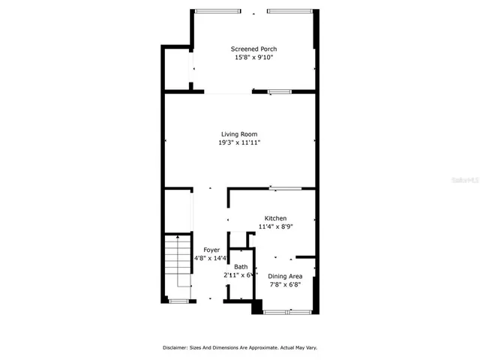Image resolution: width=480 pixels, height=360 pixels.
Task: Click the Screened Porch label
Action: point(253,49)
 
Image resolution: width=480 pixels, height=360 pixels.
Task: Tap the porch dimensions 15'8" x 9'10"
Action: point(253,57)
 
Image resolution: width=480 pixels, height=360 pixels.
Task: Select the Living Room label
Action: point(239,134)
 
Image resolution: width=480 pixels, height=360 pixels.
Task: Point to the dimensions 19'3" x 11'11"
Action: point(239,142)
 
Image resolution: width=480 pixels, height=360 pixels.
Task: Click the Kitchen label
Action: point(275,218)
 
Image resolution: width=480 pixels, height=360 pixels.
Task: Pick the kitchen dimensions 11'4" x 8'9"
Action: point(275,226)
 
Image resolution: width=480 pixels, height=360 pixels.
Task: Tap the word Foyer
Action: point(211,250)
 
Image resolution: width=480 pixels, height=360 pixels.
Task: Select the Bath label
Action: point(241,267)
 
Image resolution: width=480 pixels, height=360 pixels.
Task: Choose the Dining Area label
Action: point(285,276)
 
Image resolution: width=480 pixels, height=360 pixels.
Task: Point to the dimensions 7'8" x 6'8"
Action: point(285,284)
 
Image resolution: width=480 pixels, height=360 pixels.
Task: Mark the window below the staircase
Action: point(178,301)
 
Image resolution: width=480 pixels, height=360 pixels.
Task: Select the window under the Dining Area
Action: point(287,311)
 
